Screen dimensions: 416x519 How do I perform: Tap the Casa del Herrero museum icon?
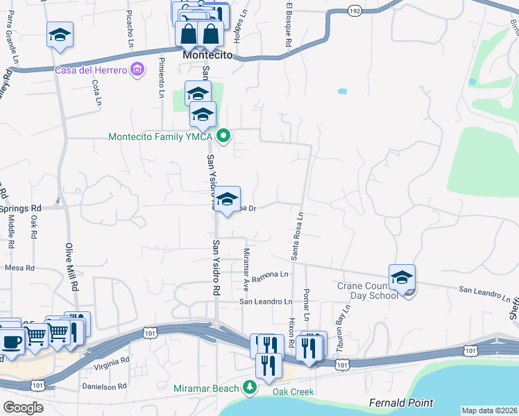click(137, 69)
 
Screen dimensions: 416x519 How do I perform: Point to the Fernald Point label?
click(401, 403)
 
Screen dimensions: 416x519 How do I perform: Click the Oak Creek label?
click(293, 392)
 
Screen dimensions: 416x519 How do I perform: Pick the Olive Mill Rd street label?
click(71, 267)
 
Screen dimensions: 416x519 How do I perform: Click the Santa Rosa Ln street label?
click(296, 235)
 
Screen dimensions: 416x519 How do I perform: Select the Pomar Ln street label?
click(306, 302)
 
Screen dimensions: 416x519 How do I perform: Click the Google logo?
click(23, 407)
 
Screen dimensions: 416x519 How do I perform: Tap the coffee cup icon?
click(11, 341)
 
